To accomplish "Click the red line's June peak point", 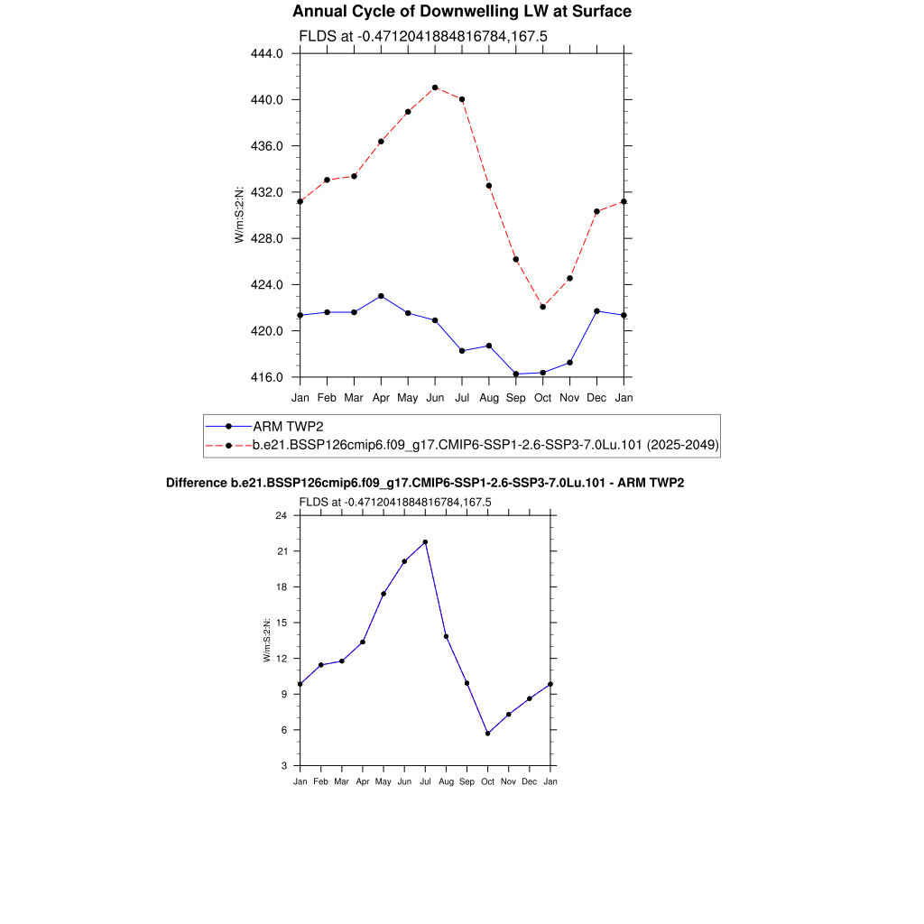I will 435,88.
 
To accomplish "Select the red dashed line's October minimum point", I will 543,307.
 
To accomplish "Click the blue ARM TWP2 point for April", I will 381,296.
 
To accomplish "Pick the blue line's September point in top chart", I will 516,374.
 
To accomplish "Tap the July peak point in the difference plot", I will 425,542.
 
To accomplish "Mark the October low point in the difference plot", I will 488,734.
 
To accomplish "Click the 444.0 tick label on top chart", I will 266,53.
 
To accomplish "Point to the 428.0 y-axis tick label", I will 266,238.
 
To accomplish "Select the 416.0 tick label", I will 266,377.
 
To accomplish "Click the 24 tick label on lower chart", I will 281,515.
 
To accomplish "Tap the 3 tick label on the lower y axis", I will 283,766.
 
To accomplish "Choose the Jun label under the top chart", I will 435,397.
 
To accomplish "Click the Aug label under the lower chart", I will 446,781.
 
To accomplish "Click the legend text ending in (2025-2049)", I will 485,445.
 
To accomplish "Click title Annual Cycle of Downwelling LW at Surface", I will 462,12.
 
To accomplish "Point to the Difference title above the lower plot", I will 425,484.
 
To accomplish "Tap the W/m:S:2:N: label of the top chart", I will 239,215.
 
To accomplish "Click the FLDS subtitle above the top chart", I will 423,37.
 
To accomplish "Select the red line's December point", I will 597,211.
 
